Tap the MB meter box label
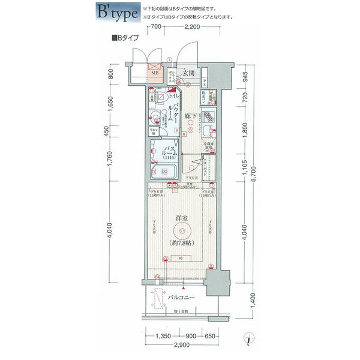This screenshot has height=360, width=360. click(x=155, y=74)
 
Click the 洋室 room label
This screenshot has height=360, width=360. click(x=180, y=220)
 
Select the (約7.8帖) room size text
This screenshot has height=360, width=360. click(x=180, y=243)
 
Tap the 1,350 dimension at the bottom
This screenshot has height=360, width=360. click(x=163, y=337)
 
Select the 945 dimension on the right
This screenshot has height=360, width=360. click(x=245, y=76)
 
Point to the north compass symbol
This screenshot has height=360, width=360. click(x=248, y=340)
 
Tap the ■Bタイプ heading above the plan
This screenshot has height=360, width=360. click(x=125, y=37)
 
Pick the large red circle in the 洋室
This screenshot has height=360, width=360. click(x=180, y=231)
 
